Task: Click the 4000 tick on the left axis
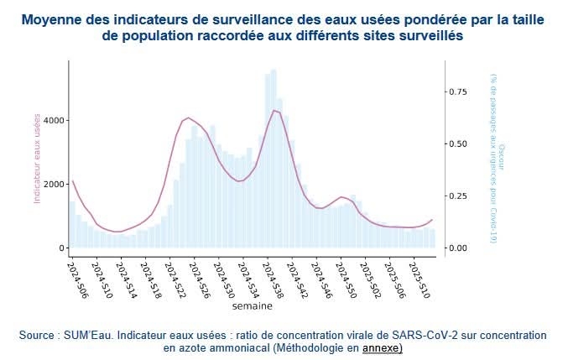53,120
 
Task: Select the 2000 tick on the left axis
53,184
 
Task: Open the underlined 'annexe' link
382,347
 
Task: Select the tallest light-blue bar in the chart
274,159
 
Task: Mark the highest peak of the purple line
274,110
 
